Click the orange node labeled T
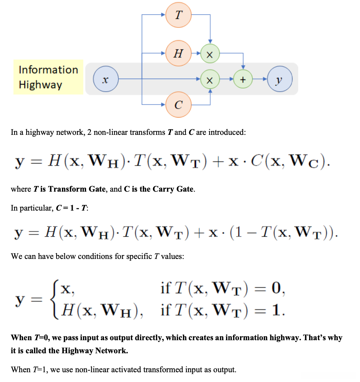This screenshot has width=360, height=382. [x=178, y=15]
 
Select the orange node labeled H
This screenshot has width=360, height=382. [x=178, y=53]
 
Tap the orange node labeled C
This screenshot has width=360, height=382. [x=178, y=105]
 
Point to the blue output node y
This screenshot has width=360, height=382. [x=279, y=79]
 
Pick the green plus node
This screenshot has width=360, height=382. [x=243, y=79]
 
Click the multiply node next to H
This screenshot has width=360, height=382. [x=210, y=54]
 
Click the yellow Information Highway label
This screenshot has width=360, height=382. [x=48, y=77]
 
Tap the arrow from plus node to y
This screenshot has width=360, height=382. [x=260, y=79]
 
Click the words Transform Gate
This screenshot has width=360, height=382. [x=77, y=189]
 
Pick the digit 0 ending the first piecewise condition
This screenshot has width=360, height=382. [x=276, y=288]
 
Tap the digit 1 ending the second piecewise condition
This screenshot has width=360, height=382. [x=276, y=310]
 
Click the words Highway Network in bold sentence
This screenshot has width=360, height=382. [x=94, y=351]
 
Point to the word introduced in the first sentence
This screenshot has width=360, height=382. [x=227, y=132]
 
